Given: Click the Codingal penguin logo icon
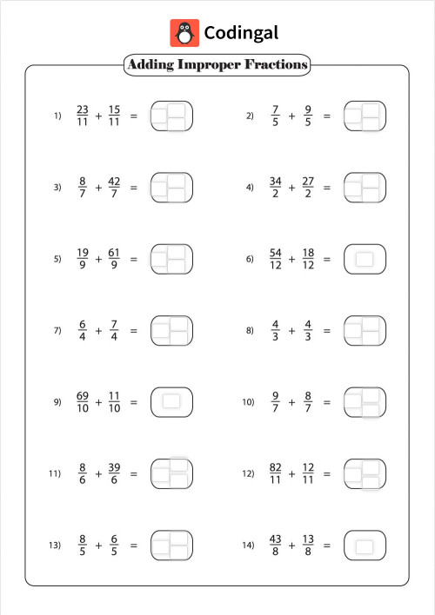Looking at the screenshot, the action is pyautogui.click(x=184, y=33).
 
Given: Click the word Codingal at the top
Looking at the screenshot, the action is pyautogui.click(x=241, y=33).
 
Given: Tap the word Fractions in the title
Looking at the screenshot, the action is pyautogui.click(x=277, y=64).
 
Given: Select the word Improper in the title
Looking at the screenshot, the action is pyautogui.click(x=211, y=64).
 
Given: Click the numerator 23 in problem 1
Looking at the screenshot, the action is pyautogui.click(x=83, y=109).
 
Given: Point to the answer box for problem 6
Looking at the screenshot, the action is pyautogui.click(x=365, y=259).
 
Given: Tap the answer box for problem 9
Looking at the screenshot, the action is pyautogui.click(x=171, y=402).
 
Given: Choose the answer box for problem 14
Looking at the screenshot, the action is pyautogui.click(x=365, y=546).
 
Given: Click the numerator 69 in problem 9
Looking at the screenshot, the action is pyautogui.click(x=83, y=396).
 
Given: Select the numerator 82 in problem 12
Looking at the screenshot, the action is pyautogui.click(x=276, y=467).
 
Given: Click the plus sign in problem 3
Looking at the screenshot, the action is pyautogui.click(x=98, y=188).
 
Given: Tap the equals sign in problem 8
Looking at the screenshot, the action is pyautogui.click(x=327, y=331).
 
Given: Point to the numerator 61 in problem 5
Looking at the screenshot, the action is pyautogui.click(x=114, y=253).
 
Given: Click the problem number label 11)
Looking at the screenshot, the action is pyautogui.click(x=55, y=474).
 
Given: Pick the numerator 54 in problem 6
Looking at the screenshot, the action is pyautogui.click(x=276, y=253).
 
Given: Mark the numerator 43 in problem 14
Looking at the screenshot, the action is pyautogui.click(x=276, y=539).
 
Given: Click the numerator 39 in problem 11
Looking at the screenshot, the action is pyautogui.click(x=114, y=467).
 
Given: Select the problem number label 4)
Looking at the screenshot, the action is pyautogui.click(x=250, y=188).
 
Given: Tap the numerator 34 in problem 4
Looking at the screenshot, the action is pyautogui.click(x=276, y=182).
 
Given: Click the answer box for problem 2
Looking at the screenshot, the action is pyautogui.click(x=365, y=116).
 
